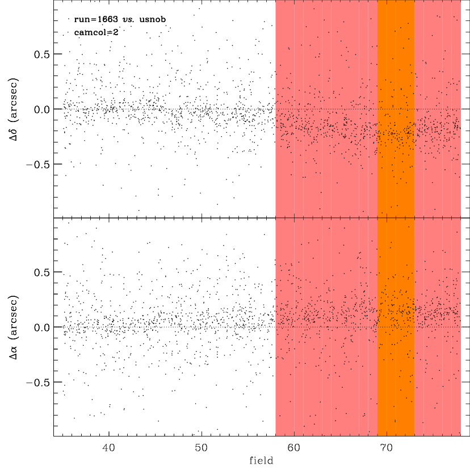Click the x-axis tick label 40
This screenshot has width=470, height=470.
[108, 448]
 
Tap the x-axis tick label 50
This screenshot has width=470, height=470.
[201, 448]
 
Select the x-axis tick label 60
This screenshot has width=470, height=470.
[294, 448]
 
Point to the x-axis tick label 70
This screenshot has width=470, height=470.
[387, 448]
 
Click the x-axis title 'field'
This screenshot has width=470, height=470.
[261, 460]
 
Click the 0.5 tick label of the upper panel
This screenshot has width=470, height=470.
[41, 54]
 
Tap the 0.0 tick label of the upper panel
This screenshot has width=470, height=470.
[41, 110]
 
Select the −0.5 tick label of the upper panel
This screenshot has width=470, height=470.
[38, 165]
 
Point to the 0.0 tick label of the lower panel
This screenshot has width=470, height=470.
[41, 328]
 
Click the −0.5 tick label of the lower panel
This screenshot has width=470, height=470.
[38, 383]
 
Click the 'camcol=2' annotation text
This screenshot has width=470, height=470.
[96, 32]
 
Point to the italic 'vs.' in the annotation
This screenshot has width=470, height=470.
[128, 19]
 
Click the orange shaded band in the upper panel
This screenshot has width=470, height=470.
[396, 109]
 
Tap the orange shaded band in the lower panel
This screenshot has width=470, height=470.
[396, 327]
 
